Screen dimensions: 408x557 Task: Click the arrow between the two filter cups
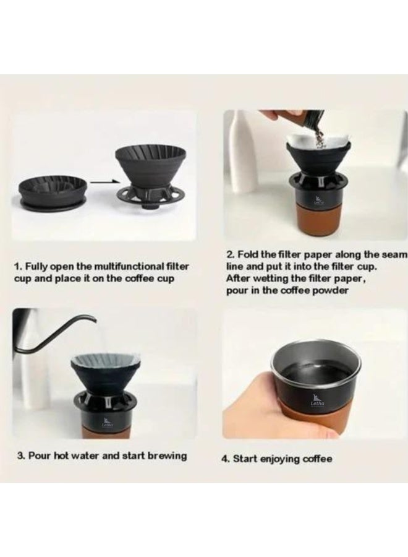click(103, 181)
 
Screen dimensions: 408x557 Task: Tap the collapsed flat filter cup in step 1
click(53, 192)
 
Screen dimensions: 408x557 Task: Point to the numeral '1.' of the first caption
click(19, 266)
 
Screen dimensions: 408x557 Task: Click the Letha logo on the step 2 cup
click(318, 201)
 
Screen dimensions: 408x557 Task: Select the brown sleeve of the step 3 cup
click(108, 431)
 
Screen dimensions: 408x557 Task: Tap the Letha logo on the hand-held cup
click(317, 400)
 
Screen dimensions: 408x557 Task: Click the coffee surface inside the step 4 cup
click(316, 375)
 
